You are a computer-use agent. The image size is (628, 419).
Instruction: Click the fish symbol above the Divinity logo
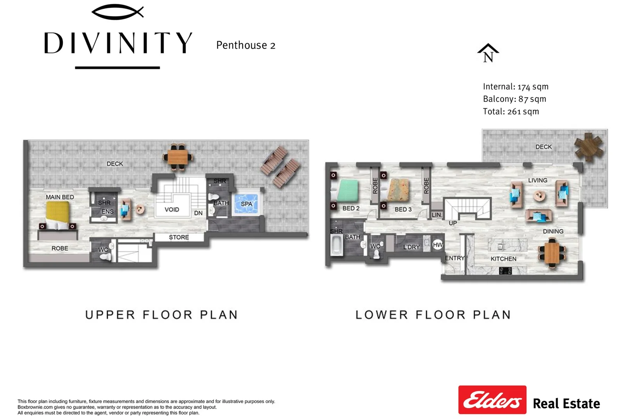tap(117, 12)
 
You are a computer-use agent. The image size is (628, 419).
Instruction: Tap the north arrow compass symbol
tap(488, 53)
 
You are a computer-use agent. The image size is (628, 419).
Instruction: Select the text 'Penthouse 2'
tap(246, 45)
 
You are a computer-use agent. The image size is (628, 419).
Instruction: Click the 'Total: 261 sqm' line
tap(511, 112)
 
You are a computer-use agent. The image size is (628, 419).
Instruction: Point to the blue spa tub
tap(247, 204)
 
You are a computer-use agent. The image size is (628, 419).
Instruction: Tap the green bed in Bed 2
tap(347, 190)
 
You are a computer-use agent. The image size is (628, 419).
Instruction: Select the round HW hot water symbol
tap(438, 244)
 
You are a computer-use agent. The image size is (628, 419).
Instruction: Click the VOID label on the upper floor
tap(172, 209)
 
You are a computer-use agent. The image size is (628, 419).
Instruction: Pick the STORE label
tap(179, 237)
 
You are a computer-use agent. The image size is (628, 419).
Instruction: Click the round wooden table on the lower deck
tap(589, 147)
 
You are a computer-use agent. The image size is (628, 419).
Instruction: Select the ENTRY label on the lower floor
tap(454, 258)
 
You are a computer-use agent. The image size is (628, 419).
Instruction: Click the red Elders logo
tap(492, 400)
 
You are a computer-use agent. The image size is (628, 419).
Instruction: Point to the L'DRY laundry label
tap(411, 247)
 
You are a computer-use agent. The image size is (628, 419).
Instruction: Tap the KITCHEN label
tap(503, 259)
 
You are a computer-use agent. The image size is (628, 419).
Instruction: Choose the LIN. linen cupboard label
tap(436, 215)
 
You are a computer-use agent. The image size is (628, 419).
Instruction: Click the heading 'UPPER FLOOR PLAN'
tap(161, 315)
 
